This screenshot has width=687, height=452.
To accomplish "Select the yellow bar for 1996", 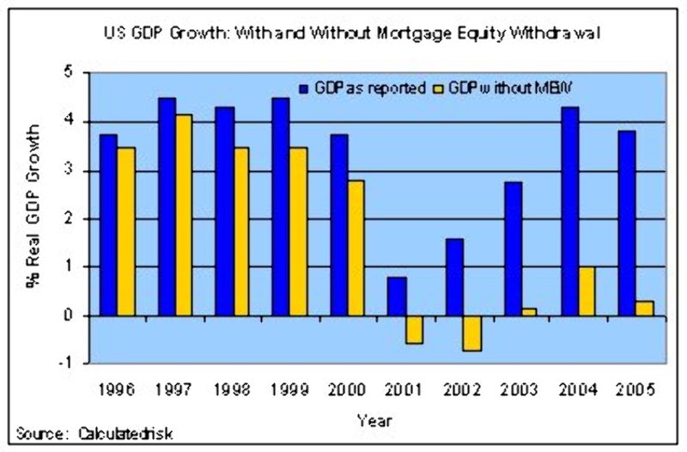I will pyautogui.click(x=126, y=231).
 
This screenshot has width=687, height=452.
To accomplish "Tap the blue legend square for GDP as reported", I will pyautogui.click(x=304, y=87).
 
